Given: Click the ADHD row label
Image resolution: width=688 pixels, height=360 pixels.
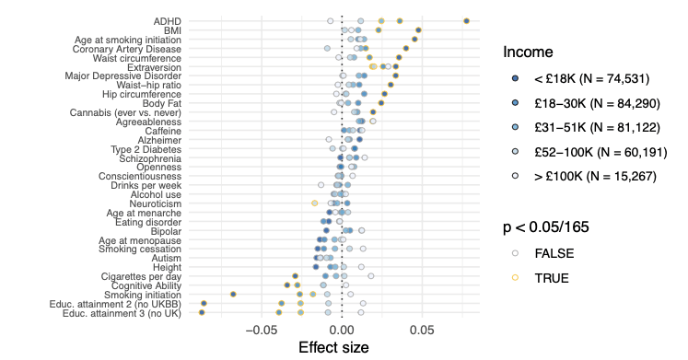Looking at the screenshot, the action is click(168, 21).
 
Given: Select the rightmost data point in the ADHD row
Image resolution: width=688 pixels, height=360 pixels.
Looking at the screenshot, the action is click(466, 21).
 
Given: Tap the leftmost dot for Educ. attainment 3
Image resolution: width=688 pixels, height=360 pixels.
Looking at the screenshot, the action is click(202, 313).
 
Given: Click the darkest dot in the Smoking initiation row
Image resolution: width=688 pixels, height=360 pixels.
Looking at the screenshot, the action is click(233, 295).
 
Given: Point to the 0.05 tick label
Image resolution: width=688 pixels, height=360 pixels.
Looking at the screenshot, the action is click(422, 330).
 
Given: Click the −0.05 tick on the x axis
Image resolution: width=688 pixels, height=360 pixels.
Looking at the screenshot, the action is click(262, 330).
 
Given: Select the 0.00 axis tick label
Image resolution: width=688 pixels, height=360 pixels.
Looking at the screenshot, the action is click(342, 330).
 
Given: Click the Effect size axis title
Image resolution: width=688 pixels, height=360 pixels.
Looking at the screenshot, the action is click(333, 348).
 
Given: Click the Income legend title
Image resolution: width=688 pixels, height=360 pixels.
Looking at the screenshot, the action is click(528, 52).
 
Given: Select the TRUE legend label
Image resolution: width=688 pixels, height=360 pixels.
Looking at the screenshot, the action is click(552, 278).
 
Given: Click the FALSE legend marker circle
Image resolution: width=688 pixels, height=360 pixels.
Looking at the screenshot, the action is click(515, 253).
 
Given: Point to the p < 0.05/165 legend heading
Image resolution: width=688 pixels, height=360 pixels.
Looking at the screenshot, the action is click(546, 227).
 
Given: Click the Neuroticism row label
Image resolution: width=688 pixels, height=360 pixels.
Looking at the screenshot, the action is click(156, 203).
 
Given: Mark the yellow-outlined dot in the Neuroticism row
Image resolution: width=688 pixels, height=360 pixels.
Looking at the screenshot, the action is click(315, 203).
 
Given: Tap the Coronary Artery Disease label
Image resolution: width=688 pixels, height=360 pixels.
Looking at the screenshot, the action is click(127, 49).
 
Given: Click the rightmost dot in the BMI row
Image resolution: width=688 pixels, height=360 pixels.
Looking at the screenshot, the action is click(418, 30).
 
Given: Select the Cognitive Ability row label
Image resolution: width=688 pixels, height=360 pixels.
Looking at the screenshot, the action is click(146, 286).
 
